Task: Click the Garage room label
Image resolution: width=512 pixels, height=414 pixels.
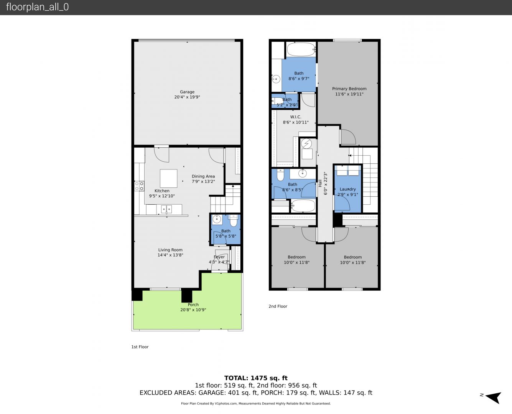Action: point(187,92)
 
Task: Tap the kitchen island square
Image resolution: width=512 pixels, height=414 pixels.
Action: point(168,178)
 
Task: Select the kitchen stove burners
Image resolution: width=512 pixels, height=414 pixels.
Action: point(139,186)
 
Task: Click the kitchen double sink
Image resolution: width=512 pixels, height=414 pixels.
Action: point(166,209)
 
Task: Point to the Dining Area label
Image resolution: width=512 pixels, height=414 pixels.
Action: point(203,176)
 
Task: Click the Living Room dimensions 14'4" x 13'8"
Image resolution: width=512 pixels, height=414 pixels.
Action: point(170,255)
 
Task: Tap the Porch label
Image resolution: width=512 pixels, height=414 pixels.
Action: point(193,305)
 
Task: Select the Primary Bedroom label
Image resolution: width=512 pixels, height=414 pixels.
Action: point(349,89)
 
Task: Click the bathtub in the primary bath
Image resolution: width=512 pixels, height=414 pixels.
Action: point(301,49)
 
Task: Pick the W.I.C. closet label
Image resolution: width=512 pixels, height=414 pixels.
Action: point(296,117)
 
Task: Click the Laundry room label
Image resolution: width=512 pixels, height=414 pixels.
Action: point(347,189)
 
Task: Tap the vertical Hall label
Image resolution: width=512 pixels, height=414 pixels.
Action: point(320,183)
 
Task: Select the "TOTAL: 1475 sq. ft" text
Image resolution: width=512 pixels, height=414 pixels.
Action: point(256,378)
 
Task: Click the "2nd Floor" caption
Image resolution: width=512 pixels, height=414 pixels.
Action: point(278,306)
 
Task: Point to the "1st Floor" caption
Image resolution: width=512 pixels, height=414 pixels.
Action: point(140,347)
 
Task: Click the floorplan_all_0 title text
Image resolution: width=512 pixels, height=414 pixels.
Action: point(38,7)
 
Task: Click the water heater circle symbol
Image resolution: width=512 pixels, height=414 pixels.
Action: point(306,144)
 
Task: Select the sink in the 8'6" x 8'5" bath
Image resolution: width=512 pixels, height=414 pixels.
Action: point(302,173)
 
